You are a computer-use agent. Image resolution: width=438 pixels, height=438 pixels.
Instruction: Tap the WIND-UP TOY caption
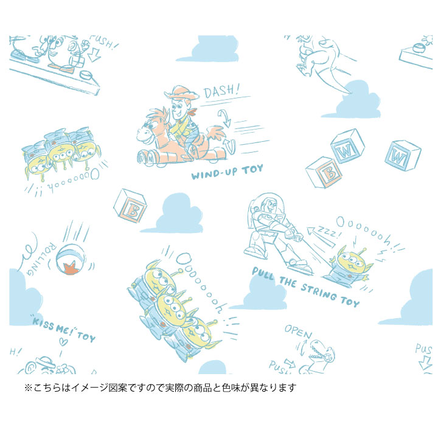tap(227, 173)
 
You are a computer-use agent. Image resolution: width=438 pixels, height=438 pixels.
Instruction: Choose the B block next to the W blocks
tap(324, 173)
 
